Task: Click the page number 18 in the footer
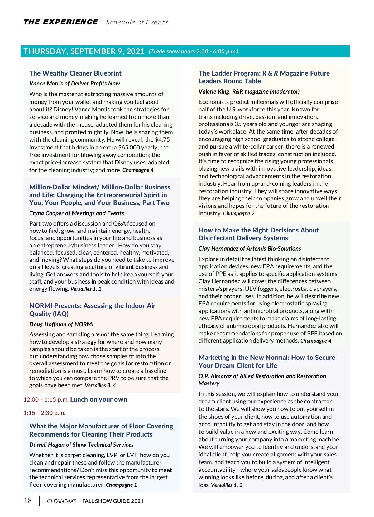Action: coord(28,500)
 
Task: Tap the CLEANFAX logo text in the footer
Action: coord(61,501)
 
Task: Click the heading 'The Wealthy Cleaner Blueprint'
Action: coord(75,73)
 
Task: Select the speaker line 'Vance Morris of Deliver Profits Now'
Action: coord(74,84)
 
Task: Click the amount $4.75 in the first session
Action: coord(162,140)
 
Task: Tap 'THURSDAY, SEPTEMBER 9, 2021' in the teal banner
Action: coord(84,51)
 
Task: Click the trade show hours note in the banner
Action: coord(194,51)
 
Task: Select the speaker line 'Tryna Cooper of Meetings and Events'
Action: coord(76,213)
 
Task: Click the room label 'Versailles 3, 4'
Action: coord(100,386)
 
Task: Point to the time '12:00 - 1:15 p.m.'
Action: coord(46,400)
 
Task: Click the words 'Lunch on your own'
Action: coord(98,399)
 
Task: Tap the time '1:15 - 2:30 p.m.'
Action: coord(44,413)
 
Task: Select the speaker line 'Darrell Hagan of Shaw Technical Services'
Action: coord(81,445)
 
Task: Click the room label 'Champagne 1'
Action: coord(122,485)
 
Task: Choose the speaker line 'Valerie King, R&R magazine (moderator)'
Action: coord(249,92)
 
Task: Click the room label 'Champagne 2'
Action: coord(239,214)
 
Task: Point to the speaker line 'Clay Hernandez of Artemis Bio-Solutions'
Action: coord(250,249)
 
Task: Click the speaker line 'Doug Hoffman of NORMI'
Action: coord(61,324)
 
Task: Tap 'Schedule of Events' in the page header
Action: coord(137,22)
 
